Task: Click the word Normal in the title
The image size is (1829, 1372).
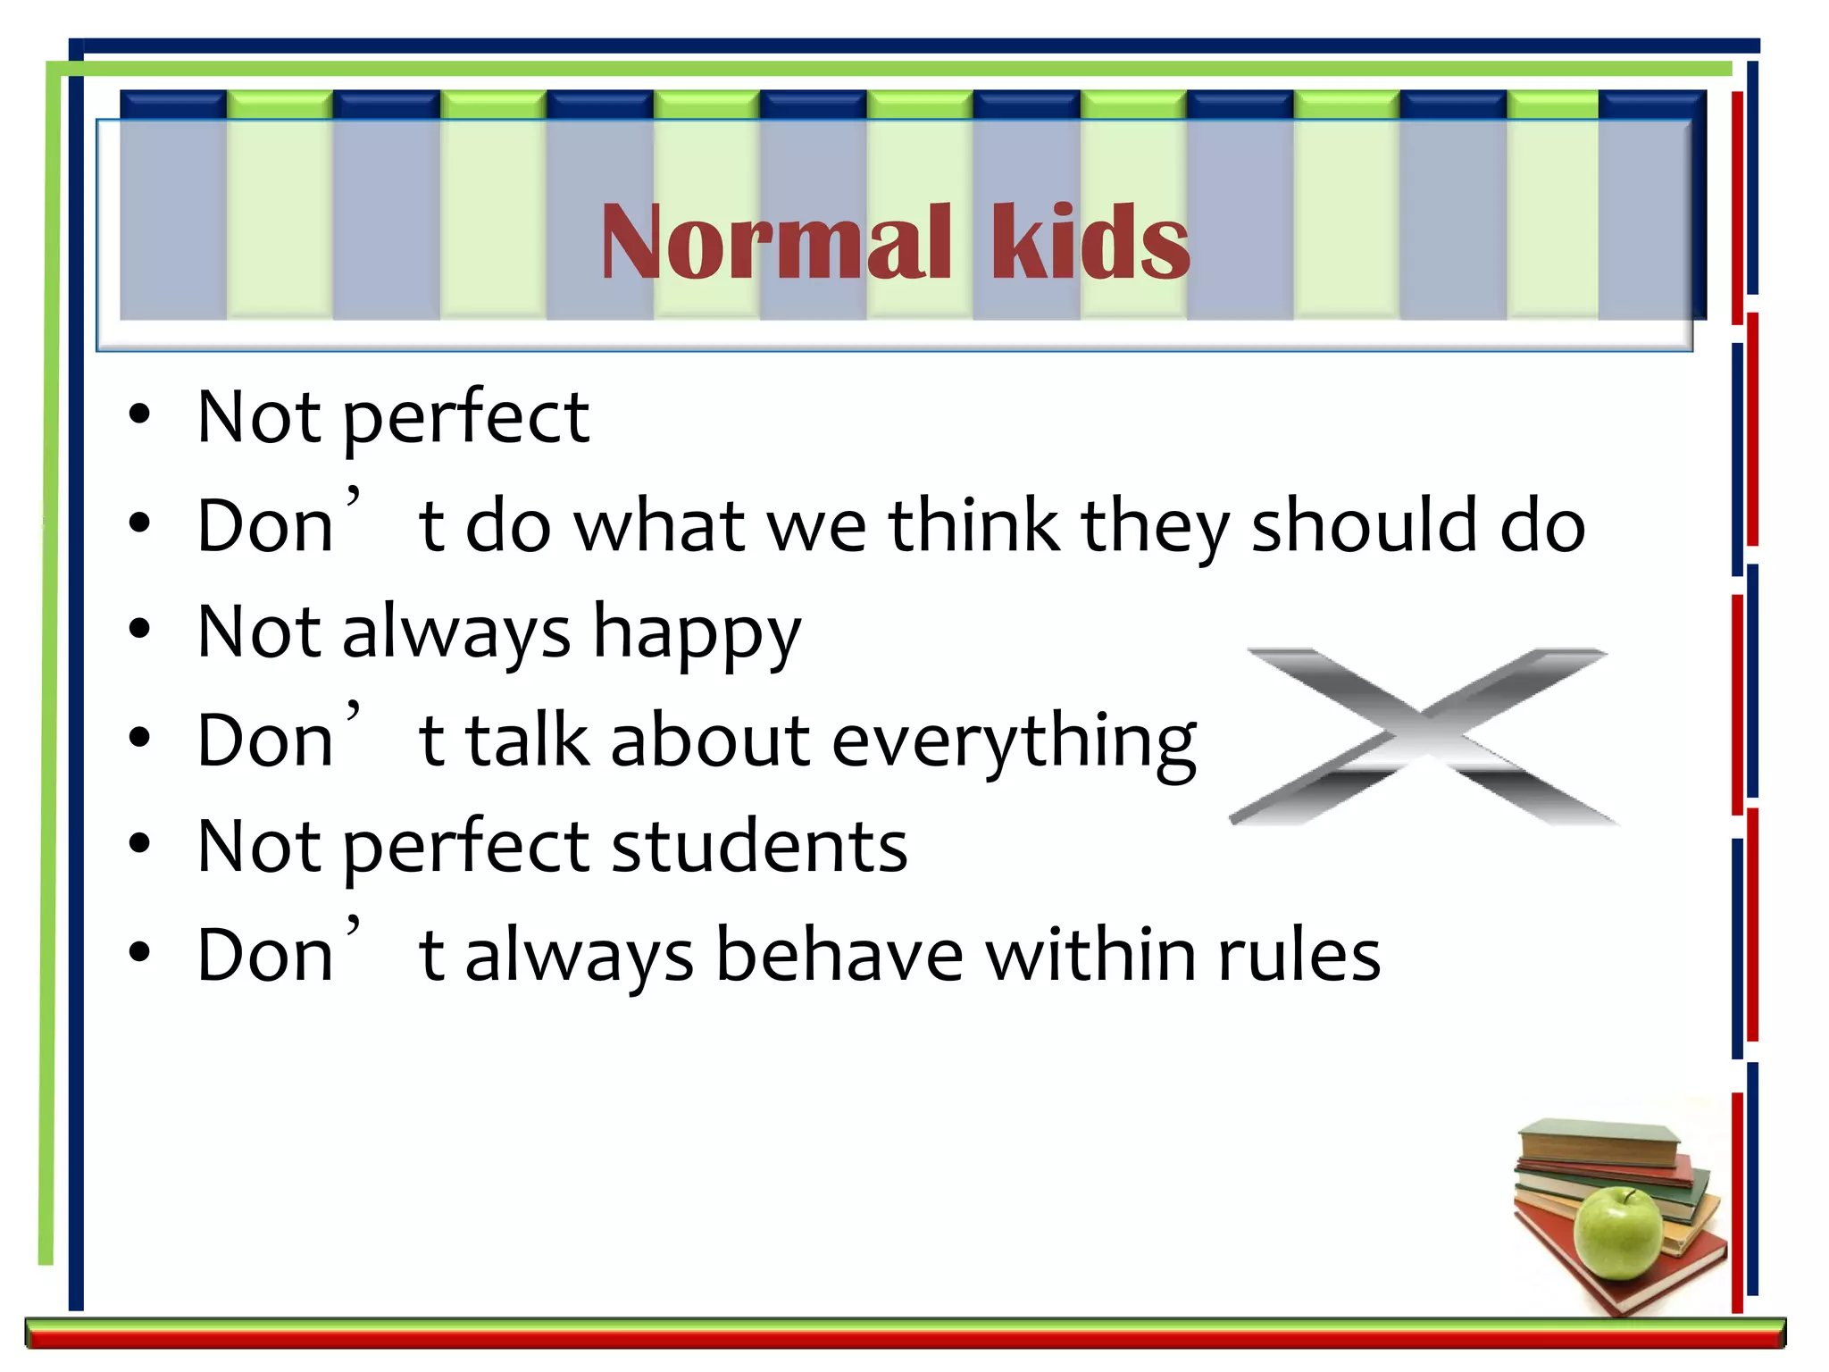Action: (775, 241)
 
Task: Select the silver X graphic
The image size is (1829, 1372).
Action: (1424, 736)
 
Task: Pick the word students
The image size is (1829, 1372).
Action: (759, 847)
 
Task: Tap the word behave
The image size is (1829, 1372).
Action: (839, 955)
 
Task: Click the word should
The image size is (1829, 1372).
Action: (1364, 525)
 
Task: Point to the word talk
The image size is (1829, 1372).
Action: (528, 741)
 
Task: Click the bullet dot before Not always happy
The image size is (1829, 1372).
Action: (139, 629)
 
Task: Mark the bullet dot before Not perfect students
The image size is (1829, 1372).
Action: (139, 844)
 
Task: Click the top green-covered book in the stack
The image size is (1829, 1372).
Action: (1599, 1143)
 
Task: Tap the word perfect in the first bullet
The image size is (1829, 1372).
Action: (465, 418)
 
